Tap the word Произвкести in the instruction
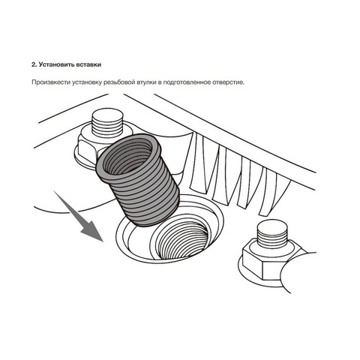click(x=51, y=82)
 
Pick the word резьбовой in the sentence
click(x=119, y=82)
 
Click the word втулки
click(x=147, y=82)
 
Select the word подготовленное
click(x=187, y=82)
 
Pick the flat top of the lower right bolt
click(x=272, y=227)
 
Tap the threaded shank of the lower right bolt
click(x=272, y=238)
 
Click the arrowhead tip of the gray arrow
click(x=103, y=241)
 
